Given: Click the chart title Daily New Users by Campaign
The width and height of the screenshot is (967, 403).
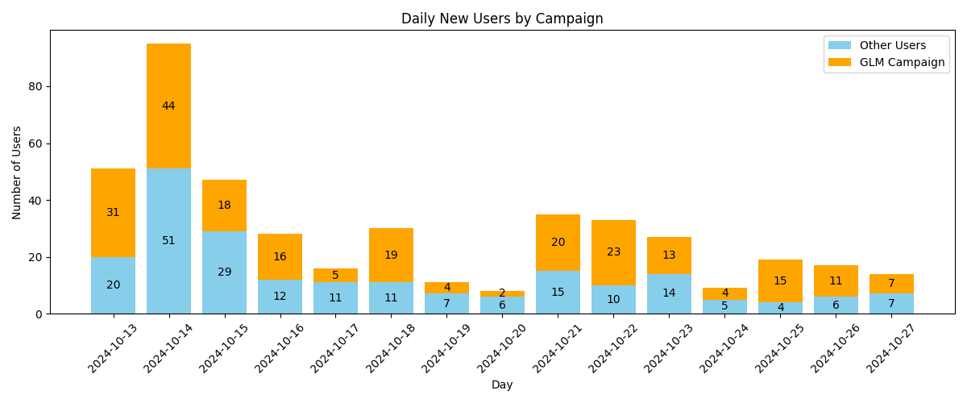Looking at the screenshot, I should point(502,19).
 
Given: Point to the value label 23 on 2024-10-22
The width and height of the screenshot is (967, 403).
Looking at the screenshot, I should point(613,252).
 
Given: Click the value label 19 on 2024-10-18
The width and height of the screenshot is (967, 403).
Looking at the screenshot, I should point(391,256).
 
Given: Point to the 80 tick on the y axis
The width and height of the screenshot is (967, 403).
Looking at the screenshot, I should point(35,86).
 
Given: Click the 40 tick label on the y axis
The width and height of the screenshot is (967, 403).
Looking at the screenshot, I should point(35,201).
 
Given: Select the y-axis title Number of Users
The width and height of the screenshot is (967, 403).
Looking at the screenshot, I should point(17,172).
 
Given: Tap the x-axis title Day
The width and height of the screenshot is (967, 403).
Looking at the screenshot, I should point(502,385).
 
